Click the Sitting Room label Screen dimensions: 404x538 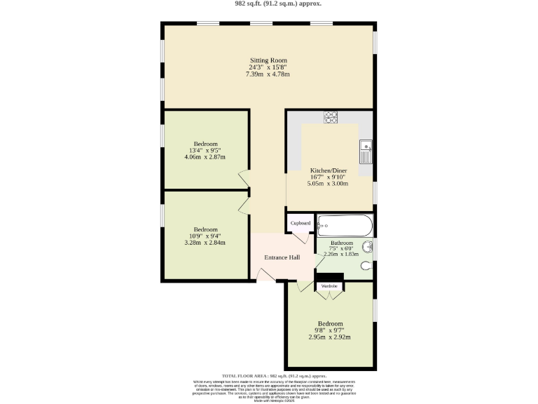pyautogui.click(x=269, y=60)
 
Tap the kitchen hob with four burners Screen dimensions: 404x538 pyautogui.click(x=331, y=117)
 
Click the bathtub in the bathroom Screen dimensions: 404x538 pyautogui.click(x=344, y=225)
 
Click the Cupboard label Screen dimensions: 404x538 pyautogui.click(x=300, y=223)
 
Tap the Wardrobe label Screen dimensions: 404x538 pyautogui.click(x=329, y=286)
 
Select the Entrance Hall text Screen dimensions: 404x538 pyautogui.click(x=282, y=257)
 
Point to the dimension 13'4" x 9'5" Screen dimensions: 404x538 pyautogui.click(x=206, y=150)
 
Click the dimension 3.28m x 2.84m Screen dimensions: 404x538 pyautogui.click(x=206, y=243)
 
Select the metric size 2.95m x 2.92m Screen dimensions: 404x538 pyautogui.click(x=329, y=337)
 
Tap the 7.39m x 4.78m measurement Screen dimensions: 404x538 pyautogui.click(x=269, y=74)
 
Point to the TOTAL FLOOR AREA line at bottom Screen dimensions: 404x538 pyautogui.click(x=268, y=376)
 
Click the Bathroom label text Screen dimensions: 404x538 pyautogui.click(x=342, y=243)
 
